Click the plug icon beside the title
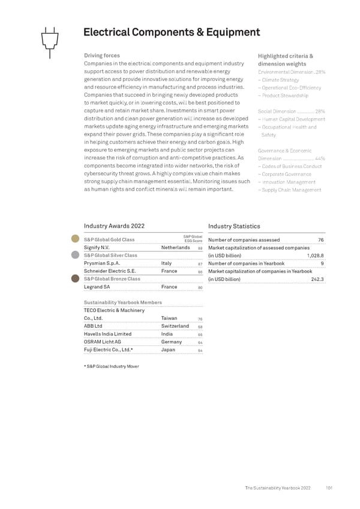pyautogui.click(x=50, y=41)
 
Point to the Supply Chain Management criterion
pyautogui.click(x=289, y=190)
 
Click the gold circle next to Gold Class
pyautogui.click(x=75, y=239)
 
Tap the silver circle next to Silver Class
pyautogui.click(x=75, y=254)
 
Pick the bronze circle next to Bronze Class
pyautogui.click(x=75, y=279)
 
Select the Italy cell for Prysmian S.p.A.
pyautogui.click(x=167, y=263)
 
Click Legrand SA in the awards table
pyautogui.click(x=97, y=287)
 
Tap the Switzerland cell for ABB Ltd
pyautogui.click(x=176, y=326)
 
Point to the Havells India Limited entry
pyautogui.click(x=107, y=334)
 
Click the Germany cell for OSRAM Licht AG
pyautogui.click(x=173, y=342)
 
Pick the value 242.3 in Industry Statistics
pyautogui.click(x=318, y=279)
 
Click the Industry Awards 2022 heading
pyautogui.click(x=114, y=226)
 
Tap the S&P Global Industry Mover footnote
pyautogui.click(x=111, y=366)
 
